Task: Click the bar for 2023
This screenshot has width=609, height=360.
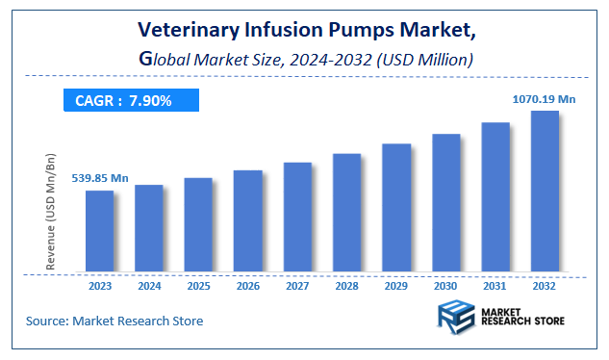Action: [99, 231]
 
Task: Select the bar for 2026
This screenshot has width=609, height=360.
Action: [247, 221]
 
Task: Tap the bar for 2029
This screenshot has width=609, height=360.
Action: [395, 208]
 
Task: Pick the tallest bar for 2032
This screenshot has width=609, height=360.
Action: [545, 192]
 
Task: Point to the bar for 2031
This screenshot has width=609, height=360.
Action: [495, 197]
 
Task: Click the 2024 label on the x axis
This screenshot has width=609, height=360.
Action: [149, 286]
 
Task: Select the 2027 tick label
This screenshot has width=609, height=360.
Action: [297, 286]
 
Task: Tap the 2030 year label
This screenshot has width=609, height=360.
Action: [445, 286]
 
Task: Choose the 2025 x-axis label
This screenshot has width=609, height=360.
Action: [198, 286]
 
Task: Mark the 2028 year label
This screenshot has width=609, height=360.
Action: [346, 286]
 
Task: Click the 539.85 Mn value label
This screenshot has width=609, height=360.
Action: [100, 178]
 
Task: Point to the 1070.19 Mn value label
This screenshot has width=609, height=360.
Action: [543, 97]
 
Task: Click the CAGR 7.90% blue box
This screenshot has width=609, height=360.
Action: [131, 100]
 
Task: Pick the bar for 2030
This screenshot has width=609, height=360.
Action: [445, 203]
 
